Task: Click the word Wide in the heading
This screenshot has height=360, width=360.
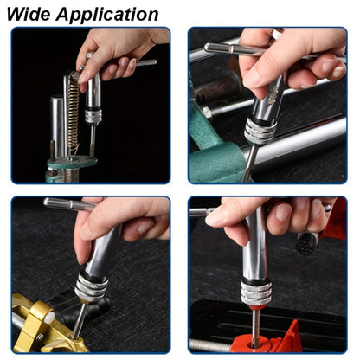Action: (28, 15)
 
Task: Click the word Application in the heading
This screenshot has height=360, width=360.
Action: (107, 15)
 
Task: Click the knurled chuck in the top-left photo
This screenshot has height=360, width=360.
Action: (93, 116)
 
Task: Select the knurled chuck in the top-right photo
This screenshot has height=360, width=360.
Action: (260, 131)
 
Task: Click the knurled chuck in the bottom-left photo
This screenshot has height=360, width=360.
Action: (91, 286)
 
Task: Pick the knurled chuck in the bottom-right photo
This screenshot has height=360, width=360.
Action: (256, 292)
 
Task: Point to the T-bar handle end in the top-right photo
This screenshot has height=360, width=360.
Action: (209, 48)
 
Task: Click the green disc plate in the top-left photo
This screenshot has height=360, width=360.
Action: (72, 162)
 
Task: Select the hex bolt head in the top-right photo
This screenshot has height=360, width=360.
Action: (207, 112)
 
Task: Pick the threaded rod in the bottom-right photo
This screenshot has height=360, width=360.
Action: (210, 345)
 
